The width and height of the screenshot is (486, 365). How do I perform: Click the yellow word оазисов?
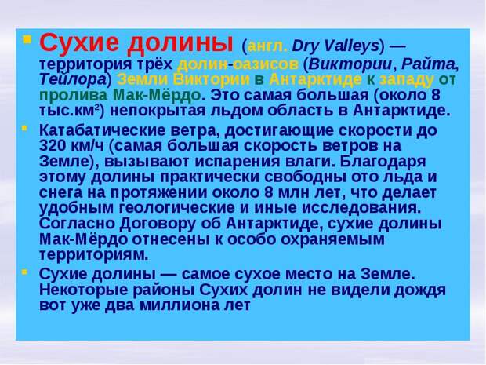[266, 64]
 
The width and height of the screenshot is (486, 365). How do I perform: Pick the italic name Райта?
[428, 65]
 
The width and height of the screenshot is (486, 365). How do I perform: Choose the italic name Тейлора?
[73, 80]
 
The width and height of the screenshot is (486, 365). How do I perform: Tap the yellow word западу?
[406, 80]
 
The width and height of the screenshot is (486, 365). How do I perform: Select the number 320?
[53, 145]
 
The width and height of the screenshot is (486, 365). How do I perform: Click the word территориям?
[94, 255]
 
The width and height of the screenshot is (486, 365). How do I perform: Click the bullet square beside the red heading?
[27, 39]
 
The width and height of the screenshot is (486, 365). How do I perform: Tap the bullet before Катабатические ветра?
[24, 128]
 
